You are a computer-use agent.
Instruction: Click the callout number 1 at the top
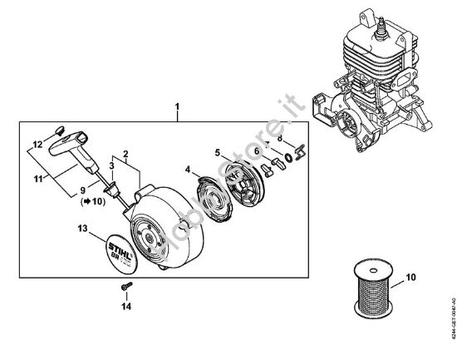pos(176,107)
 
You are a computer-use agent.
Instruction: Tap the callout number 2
pos(125,155)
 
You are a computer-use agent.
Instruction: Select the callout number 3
pos(111,166)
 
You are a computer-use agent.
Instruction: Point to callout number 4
pos(188,170)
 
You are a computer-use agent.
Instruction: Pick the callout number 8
pos(280,138)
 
